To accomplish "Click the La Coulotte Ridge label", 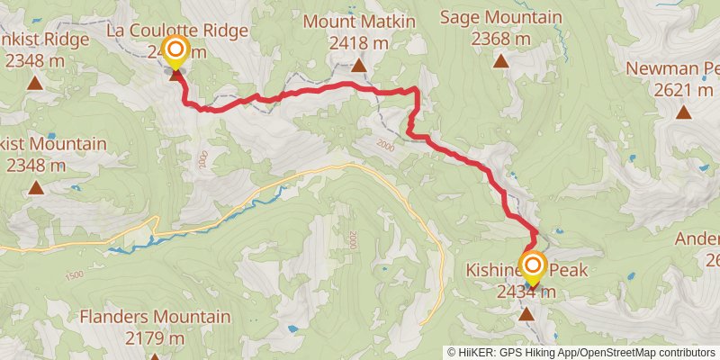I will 176,31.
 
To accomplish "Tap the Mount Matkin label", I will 358,20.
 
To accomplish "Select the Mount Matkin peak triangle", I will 358,65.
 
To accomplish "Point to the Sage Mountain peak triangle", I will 500,62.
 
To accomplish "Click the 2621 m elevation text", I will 671,89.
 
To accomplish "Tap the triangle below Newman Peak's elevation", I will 684,112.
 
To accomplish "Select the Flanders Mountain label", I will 155,317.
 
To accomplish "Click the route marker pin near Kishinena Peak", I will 534,265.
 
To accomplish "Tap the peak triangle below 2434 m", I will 526,313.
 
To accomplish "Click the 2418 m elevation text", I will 358,42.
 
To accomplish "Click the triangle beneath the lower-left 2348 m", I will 36,187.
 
